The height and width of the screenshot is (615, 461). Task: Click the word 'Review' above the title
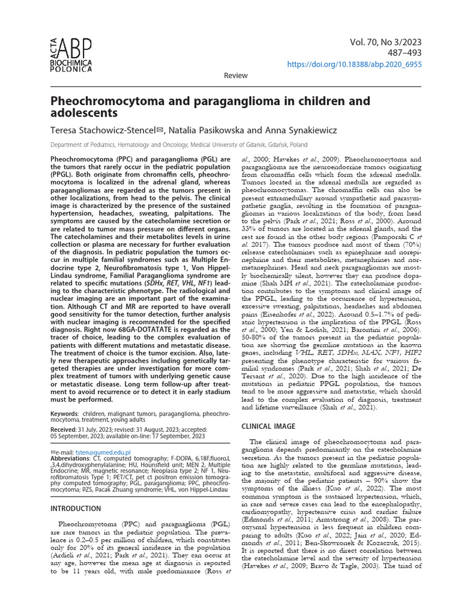point(235,75)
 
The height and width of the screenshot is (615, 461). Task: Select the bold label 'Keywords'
point(64,414)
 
